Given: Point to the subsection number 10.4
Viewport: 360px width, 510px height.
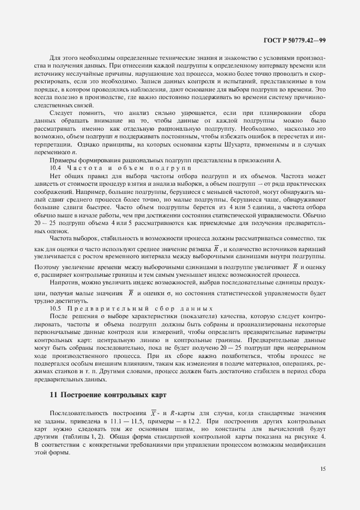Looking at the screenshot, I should point(55,168).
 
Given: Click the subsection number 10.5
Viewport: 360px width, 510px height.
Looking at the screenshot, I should point(55,308).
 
